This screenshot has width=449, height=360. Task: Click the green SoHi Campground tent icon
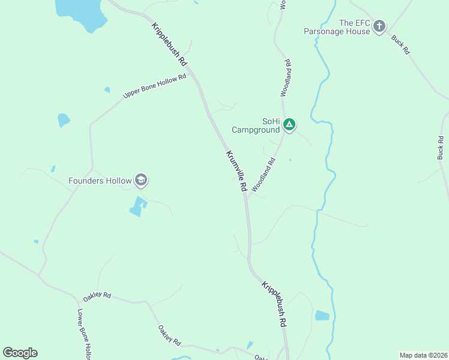pos(289,125)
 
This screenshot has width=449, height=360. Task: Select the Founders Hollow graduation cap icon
pos(141,179)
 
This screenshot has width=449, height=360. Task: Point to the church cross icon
pos(379,26)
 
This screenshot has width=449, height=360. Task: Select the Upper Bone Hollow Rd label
pos(154,86)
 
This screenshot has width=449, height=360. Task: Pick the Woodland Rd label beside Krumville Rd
pos(264,175)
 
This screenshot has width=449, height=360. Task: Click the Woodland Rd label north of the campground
pos(286,78)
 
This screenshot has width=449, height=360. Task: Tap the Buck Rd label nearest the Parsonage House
pos(400,45)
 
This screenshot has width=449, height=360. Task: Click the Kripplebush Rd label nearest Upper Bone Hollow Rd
pos(170,44)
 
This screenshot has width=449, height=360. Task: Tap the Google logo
pos(20,353)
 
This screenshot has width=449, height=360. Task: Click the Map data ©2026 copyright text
pos(423,355)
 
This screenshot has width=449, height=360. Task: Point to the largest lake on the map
pos(79,13)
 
